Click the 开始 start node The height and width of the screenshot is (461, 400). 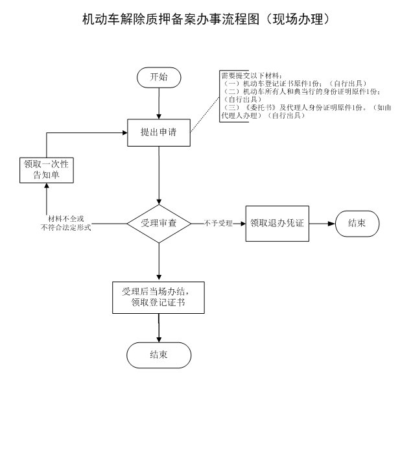[159, 77]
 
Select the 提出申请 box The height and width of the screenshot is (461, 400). [159, 132]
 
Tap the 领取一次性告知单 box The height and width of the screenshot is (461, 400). [46, 169]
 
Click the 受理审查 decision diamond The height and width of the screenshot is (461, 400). [159, 223]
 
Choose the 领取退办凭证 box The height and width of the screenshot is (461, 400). [277, 223]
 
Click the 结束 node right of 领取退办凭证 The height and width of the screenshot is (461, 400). [357, 223]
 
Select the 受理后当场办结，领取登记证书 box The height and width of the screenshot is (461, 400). [158, 296]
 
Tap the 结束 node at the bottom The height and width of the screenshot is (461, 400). [159, 355]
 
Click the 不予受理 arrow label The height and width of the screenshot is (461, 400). [218, 224]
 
